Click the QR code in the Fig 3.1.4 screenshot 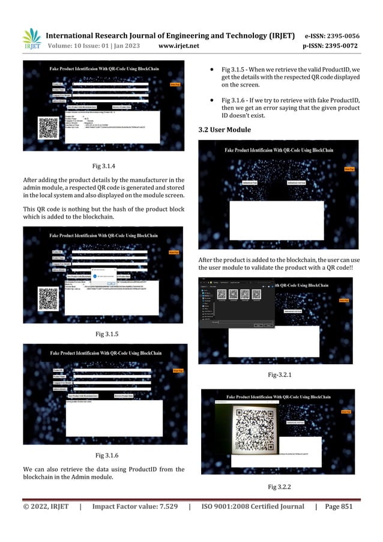click(49, 127)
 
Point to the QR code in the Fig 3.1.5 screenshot click(49, 299)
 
